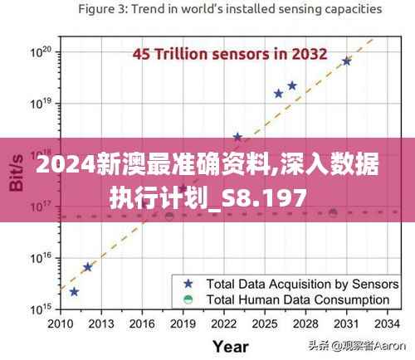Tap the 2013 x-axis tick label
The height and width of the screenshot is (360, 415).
101,323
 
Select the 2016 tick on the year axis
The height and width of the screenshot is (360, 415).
142,323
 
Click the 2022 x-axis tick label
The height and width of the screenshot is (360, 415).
223,323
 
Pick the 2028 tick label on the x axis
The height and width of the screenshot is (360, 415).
305,323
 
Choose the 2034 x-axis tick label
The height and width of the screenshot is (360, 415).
386,323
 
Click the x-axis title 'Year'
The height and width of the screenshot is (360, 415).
230,345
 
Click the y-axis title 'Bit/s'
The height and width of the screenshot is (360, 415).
16,175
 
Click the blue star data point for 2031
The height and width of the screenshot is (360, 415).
346,61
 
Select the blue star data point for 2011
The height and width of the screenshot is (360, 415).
74,292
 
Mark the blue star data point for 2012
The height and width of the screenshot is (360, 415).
87,267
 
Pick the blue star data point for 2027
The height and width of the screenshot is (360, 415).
292,85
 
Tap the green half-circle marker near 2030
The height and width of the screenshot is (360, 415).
333,213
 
